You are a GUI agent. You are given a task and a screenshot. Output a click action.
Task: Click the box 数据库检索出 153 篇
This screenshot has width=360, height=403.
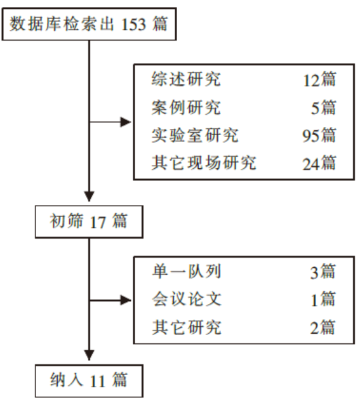[x=89, y=24]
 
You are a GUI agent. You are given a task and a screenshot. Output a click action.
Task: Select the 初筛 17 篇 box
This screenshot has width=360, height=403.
[x=89, y=221]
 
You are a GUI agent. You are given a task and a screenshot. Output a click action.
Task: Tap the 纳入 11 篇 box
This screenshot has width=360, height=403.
[x=89, y=381]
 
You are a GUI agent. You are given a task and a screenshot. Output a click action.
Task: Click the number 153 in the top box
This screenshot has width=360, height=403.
[x=133, y=24]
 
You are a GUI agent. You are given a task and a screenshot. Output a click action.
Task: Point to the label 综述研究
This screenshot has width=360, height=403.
[x=186, y=79]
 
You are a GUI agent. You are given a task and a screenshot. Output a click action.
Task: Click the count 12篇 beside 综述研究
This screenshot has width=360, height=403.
[x=319, y=79]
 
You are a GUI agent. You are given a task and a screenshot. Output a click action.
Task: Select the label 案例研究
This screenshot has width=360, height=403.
[x=186, y=107]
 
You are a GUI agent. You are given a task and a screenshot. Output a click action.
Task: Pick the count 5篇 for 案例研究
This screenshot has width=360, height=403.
[x=323, y=107]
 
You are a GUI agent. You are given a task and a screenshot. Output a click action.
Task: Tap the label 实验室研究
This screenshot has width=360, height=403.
[x=195, y=135]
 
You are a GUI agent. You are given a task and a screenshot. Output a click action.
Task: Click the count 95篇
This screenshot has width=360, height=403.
[x=319, y=135]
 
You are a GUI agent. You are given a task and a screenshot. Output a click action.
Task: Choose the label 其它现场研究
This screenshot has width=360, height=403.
[x=204, y=162]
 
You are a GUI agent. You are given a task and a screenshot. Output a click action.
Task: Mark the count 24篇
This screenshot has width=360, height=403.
[x=319, y=163]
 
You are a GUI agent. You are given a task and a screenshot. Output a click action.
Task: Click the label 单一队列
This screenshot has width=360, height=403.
[x=187, y=271]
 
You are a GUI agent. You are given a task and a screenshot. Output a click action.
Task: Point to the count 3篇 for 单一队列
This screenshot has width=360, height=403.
[x=323, y=272]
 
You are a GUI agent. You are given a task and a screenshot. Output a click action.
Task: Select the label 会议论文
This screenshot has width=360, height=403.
[x=187, y=299]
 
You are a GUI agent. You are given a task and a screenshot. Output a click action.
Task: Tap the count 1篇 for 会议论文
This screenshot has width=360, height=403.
[x=323, y=299]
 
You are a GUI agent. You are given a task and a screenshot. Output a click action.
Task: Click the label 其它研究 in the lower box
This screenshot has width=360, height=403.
[x=187, y=327]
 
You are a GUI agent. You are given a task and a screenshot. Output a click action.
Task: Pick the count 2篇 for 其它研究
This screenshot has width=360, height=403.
[x=323, y=327]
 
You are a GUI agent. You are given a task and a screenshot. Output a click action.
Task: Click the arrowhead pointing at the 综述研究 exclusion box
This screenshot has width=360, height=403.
[x=126, y=122]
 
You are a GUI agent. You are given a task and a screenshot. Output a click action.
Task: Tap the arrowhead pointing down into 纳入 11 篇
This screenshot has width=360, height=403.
[x=90, y=355]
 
